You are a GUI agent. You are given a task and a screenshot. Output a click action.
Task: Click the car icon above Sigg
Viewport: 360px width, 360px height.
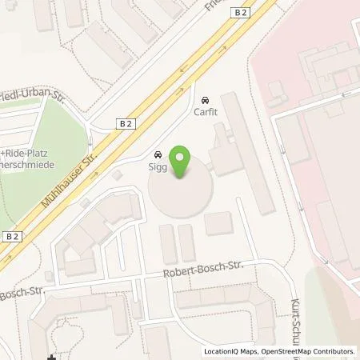click(157, 154)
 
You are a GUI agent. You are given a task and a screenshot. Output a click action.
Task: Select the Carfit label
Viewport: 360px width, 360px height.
click(206, 112)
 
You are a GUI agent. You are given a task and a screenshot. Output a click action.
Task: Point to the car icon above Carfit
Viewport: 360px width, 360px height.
click(206, 100)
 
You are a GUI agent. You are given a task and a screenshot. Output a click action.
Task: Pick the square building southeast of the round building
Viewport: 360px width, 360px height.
click(218, 223)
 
